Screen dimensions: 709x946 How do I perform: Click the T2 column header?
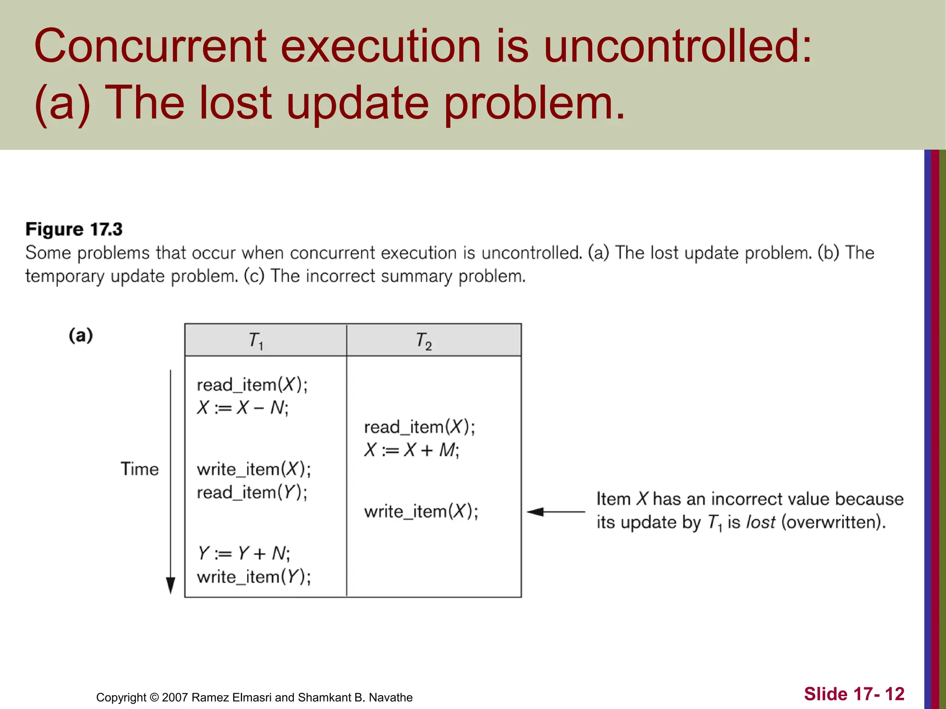(x=424, y=342)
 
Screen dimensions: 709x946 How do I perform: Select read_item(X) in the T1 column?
(x=252, y=385)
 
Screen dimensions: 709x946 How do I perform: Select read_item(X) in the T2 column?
(x=419, y=427)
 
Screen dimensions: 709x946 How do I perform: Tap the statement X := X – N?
(x=243, y=408)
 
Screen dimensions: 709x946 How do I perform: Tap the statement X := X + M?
(x=412, y=450)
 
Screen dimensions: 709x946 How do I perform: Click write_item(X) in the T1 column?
(x=254, y=469)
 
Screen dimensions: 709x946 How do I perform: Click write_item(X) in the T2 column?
(x=421, y=511)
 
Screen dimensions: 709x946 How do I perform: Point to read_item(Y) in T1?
(x=252, y=493)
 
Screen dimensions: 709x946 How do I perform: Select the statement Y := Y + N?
(x=243, y=553)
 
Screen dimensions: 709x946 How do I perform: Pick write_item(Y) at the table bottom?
(x=254, y=577)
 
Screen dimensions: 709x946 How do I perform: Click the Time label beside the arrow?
(x=139, y=469)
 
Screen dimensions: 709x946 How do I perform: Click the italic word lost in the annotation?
(x=761, y=522)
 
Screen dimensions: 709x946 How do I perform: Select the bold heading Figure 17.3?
(x=74, y=229)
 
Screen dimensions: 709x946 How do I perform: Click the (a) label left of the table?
(x=81, y=335)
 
